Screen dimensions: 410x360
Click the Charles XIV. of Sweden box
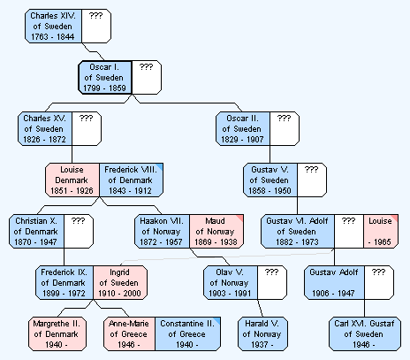pos(53,26)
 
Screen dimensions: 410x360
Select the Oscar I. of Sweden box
pos(105,78)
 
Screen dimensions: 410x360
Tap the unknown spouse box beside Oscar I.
pos(147,78)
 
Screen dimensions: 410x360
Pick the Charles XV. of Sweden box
pos(45,128)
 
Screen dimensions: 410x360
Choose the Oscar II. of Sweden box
pos(243,128)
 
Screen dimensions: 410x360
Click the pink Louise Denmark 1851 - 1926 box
pos(72,180)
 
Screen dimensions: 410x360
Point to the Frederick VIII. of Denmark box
pos(131,180)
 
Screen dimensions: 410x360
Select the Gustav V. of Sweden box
pos(270,180)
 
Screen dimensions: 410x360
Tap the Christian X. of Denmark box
pos(36,231)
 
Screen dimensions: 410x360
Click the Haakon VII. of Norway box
pos(162,231)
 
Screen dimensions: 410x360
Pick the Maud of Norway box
pos(216,231)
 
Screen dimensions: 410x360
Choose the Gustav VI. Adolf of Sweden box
pos(298,231)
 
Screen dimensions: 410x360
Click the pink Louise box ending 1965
pos(381,231)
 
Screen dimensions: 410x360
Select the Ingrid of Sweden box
pos(120,282)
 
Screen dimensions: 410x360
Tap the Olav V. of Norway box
pos(231,282)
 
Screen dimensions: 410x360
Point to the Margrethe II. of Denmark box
pos(57,333)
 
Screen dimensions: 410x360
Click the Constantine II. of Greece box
pos(187,333)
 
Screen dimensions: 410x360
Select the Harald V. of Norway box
pos(262,333)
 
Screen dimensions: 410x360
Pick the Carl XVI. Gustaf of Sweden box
pos(365,333)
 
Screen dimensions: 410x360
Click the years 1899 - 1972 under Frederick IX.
pos(64,294)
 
